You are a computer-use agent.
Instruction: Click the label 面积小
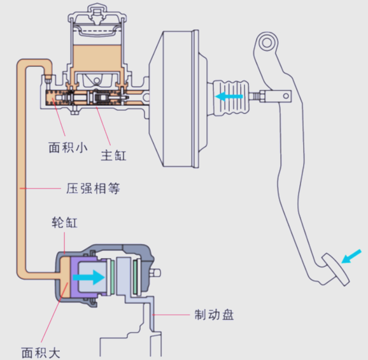tap(68, 148)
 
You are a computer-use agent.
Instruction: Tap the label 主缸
tap(113, 155)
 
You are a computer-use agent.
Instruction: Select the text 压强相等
tap(93, 189)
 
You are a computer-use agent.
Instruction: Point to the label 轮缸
tap(64, 222)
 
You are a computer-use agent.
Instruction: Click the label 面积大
tap(41, 353)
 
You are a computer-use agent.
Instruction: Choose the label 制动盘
tap(214, 314)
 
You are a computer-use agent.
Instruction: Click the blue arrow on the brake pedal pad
tap(351, 256)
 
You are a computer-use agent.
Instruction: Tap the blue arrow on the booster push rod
tap(229, 96)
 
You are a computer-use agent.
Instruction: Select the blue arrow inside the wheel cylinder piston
tap(88, 277)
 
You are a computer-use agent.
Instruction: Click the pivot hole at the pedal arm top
tap(267, 43)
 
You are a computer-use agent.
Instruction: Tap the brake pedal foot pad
tap(336, 270)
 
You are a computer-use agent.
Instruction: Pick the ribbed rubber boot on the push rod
tap(230, 97)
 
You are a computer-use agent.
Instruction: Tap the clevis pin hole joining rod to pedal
tap(286, 96)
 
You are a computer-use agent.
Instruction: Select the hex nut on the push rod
tap(262, 96)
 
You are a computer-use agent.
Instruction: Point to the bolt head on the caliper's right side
tap(156, 273)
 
